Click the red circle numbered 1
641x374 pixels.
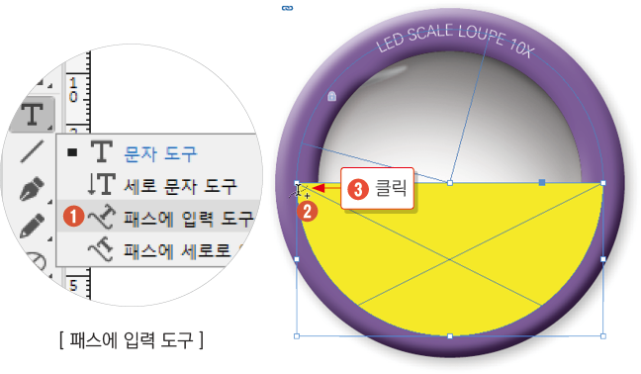(x=69, y=214)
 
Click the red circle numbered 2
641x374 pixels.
(x=309, y=210)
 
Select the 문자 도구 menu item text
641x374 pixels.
(x=160, y=153)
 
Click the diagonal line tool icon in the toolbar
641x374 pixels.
(x=33, y=151)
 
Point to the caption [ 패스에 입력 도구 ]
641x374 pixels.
(x=131, y=341)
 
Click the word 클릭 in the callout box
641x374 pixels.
(x=391, y=185)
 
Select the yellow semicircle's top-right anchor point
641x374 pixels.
(x=603, y=183)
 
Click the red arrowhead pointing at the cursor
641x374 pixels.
(x=320, y=185)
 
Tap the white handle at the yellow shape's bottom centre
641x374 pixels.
(x=450, y=336)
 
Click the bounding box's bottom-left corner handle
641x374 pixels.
(x=298, y=336)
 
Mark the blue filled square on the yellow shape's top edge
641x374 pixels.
(x=541, y=183)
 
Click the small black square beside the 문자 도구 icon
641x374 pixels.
(x=73, y=153)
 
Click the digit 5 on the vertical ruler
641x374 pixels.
(x=72, y=284)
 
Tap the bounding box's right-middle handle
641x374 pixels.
(x=603, y=259)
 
